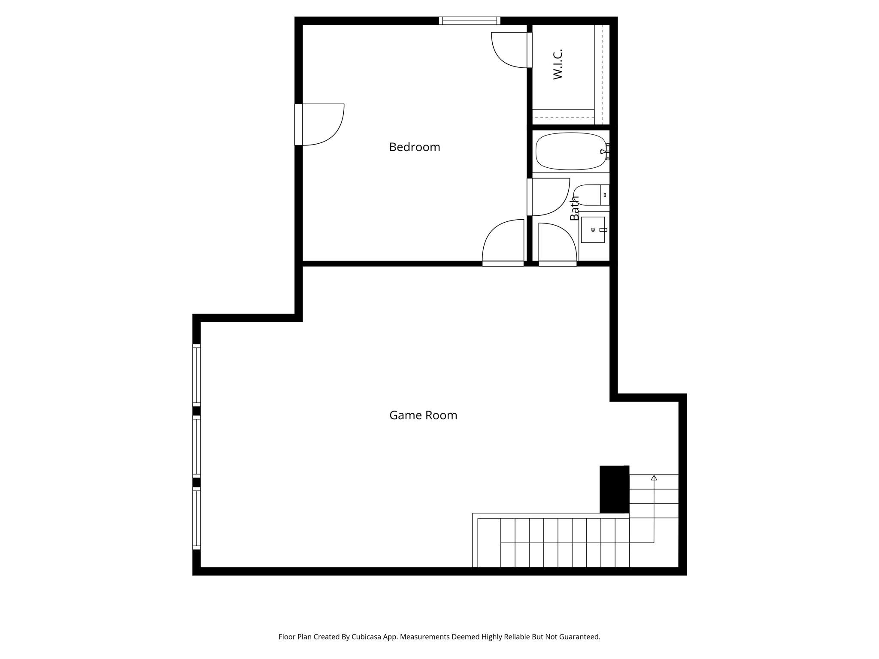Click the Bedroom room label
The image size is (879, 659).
point(414,147)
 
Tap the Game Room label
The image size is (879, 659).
point(423,415)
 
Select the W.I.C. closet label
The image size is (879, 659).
point(558,64)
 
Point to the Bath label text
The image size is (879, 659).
point(574,208)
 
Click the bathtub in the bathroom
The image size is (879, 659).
point(570,151)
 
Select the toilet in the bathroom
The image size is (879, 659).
point(591,195)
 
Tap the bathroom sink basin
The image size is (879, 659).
point(593,230)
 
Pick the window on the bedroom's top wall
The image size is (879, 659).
point(470,21)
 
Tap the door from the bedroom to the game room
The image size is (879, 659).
point(503,242)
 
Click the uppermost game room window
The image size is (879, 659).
point(197,375)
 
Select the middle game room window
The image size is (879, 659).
point(197,446)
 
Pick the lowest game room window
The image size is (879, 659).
point(197,518)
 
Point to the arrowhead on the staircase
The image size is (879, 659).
point(654,478)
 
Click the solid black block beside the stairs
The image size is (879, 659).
point(614,489)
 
